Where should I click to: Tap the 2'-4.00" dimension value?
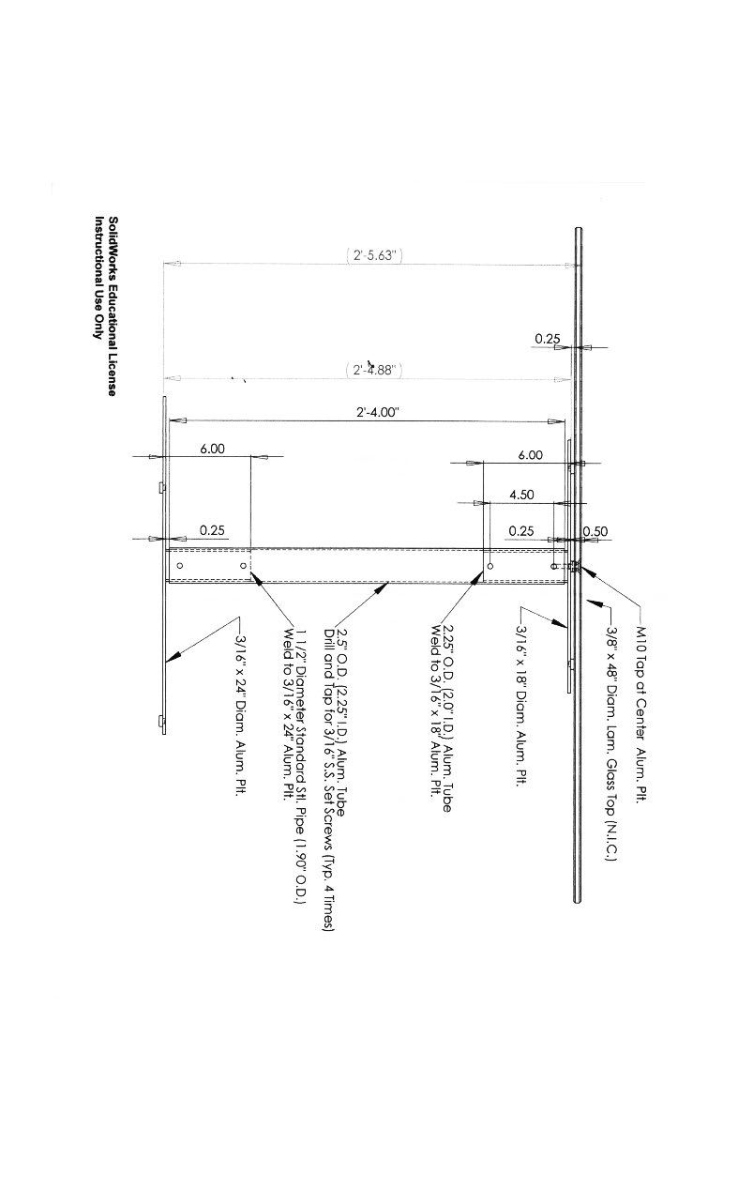377,412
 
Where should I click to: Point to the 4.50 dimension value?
521,495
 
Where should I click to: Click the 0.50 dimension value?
595,531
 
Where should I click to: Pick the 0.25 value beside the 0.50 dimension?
521,531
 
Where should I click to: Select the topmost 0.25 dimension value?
548,338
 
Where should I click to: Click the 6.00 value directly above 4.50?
530,455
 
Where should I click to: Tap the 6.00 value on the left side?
212,450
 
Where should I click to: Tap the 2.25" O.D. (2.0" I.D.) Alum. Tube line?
447,718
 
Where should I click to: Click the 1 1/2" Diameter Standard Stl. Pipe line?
300,766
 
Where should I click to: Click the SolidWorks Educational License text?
113,306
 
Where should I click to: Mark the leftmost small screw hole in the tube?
179,566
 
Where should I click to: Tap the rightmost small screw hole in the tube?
551,566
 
